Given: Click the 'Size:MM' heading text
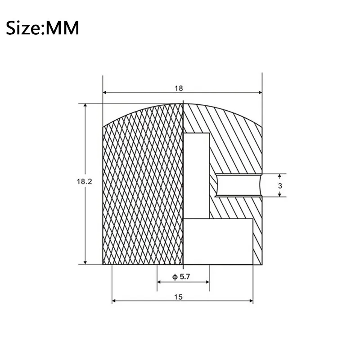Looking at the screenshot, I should (43, 28).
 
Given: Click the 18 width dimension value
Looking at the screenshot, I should (179, 88).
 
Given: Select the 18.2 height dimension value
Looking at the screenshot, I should (84, 182).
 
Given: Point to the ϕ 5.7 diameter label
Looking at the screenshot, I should (182, 277).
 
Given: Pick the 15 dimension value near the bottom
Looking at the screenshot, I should (180, 297).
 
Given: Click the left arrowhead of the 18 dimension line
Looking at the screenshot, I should (106, 92).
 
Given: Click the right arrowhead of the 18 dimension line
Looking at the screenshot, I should (259, 92).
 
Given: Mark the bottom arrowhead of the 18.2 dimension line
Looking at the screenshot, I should (85, 261).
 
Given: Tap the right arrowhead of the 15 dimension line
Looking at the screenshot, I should (250, 301).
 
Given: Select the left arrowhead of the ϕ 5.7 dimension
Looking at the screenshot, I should (159, 282).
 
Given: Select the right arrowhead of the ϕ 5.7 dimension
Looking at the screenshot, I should (207, 282).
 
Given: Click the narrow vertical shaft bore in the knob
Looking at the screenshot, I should (196, 175).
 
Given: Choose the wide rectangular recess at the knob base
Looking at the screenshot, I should (218, 241).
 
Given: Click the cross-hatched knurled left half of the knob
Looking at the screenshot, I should (143, 189).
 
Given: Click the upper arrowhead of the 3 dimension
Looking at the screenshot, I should (280, 176).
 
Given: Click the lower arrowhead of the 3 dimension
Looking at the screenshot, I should (280, 194).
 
